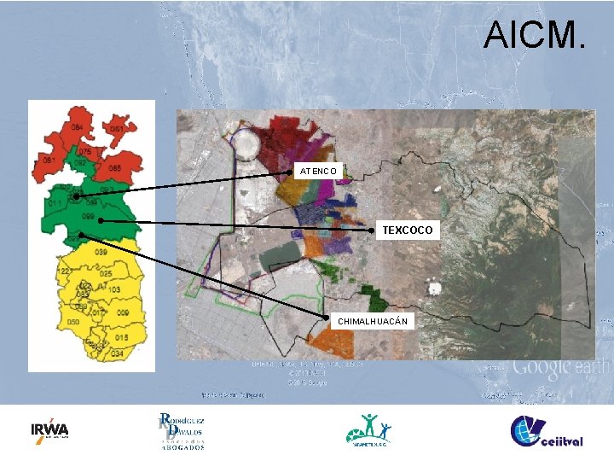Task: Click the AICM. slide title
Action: tap(535, 35)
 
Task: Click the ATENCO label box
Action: tap(319, 172)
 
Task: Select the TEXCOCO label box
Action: tap(408, 230)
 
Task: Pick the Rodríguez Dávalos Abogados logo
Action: tap(181, 431)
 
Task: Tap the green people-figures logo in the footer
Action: tap(369, 429)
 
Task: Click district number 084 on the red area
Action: tap(78, 127)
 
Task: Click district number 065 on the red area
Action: tap(113, 168)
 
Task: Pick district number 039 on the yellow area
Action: tap(101, 253)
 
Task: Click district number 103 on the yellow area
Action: tap(114, 290)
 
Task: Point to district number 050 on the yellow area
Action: tap(73, 322)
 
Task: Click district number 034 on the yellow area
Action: tap(117, 353)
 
